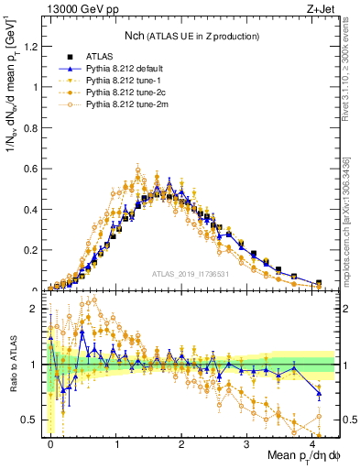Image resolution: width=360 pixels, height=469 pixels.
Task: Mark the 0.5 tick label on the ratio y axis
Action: tap(30, 420)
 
